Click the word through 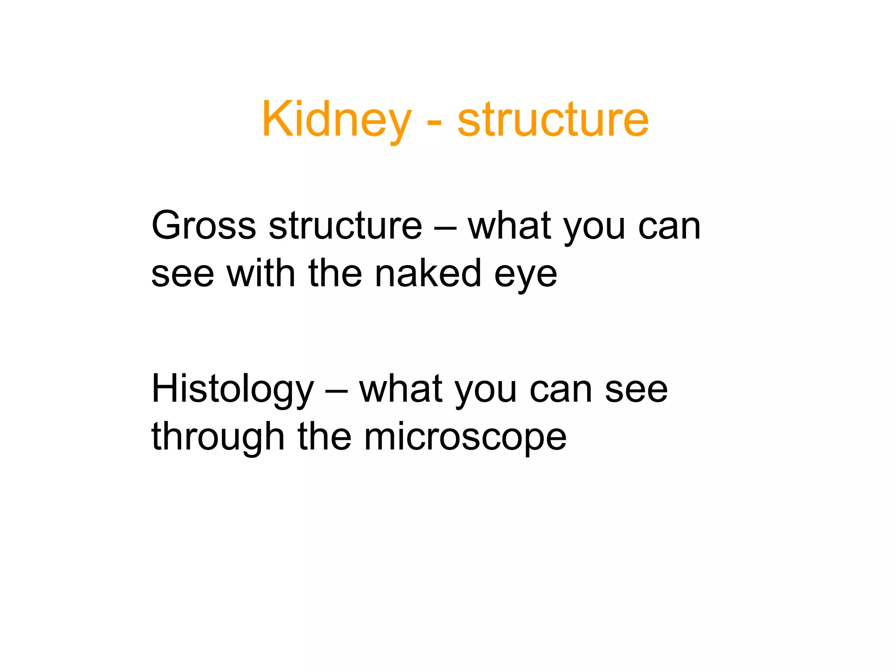pyautogui.click(x=218, y=437)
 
